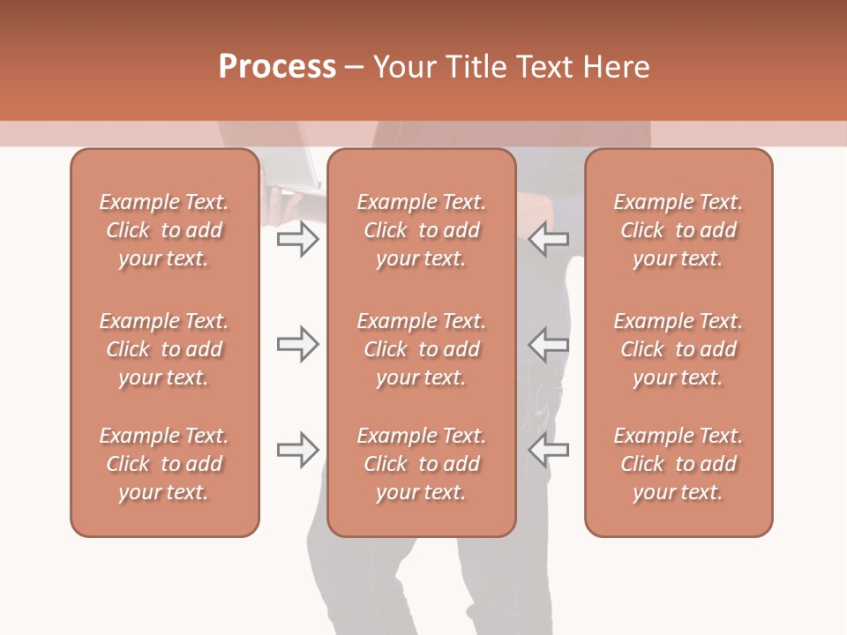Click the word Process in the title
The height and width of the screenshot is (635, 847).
pos(277,67)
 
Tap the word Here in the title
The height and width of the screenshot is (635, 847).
pos(615,67)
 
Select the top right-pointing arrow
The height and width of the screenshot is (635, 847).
pos(297,239)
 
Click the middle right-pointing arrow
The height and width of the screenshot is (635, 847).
pos(297,344)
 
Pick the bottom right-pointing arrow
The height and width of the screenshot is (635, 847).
pos(297,450)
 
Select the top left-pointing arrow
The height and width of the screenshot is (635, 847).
pos(549,239)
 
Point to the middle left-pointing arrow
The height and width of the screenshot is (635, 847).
pos(549,344)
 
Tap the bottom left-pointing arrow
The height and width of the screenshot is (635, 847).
pos(549,450)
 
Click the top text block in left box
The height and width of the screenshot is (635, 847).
pos(164,230)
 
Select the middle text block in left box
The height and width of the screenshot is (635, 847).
pos(164,349)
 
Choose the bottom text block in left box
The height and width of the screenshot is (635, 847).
pos(164,464)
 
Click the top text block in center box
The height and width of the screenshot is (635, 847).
pos(421,230)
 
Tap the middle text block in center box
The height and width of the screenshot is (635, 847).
pos(421,349)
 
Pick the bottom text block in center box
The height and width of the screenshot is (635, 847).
pos(421,464)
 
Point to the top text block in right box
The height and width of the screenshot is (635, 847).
pos(678,230)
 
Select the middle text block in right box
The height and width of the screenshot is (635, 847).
pos(678,349)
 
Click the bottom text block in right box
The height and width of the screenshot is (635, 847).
pos(678,464)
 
